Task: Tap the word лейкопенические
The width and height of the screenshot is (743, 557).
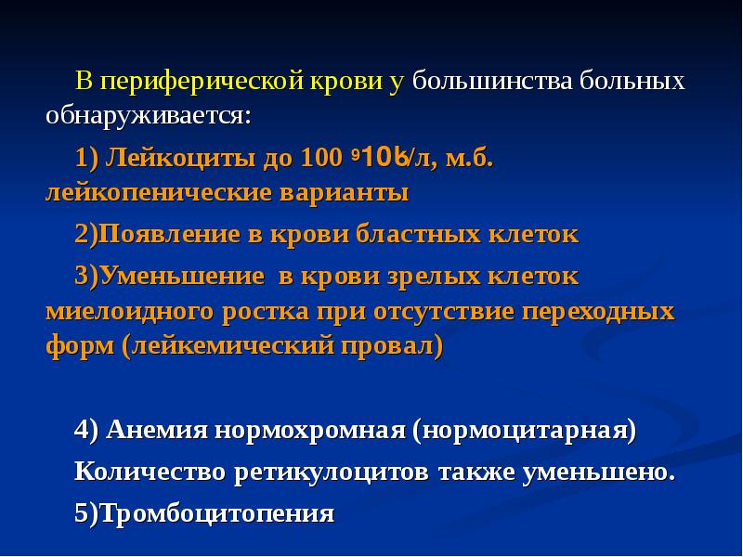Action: click(158, 193)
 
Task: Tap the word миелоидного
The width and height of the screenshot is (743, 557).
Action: click(129, 310)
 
